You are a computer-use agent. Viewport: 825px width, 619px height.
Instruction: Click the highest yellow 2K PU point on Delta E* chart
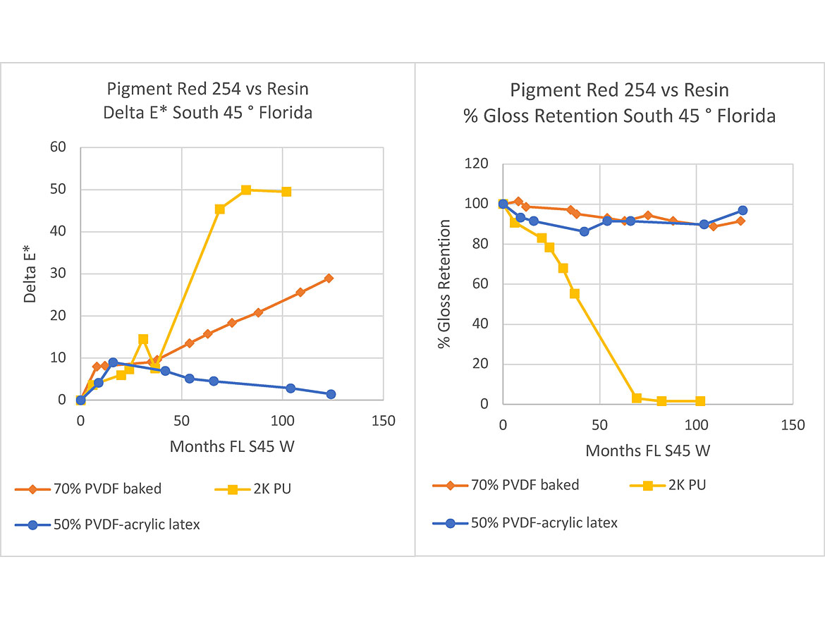[x=246, y=190]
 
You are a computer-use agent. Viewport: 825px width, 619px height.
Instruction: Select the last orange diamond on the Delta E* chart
[x=329, y=278]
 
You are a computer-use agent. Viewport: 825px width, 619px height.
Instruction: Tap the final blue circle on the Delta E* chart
[x=331, y=394]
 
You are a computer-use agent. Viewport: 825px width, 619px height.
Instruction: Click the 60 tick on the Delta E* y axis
[x=58, y=147]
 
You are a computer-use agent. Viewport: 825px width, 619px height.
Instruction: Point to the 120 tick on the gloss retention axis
[x=477, y=164]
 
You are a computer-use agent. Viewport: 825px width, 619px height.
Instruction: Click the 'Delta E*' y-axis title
[x=30, y=274]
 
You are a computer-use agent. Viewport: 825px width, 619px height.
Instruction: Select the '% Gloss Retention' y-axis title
[x=445, y=284]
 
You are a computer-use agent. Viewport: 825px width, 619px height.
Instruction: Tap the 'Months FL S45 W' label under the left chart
[x=231, y=447]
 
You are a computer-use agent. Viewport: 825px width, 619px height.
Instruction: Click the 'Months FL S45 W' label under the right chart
[x=648, y=451]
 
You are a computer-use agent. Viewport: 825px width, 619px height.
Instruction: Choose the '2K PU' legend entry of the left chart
[x=271, y=489]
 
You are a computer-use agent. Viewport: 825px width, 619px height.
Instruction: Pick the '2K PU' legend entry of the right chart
[x=686, y=485]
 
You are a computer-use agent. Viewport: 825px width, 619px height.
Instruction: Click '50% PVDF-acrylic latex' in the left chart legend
[x=126, y=525]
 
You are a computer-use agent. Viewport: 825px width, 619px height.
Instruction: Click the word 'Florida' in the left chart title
[x=283, y=112]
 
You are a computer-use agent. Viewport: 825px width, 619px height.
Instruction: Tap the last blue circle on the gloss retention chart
[x=742, y=210]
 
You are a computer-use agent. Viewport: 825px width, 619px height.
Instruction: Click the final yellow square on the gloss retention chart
[x=700, y=401]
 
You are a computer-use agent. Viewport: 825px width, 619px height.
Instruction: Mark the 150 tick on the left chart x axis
[x=383, y=421]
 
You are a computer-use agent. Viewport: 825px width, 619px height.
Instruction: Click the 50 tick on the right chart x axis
[x=599, y=425]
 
